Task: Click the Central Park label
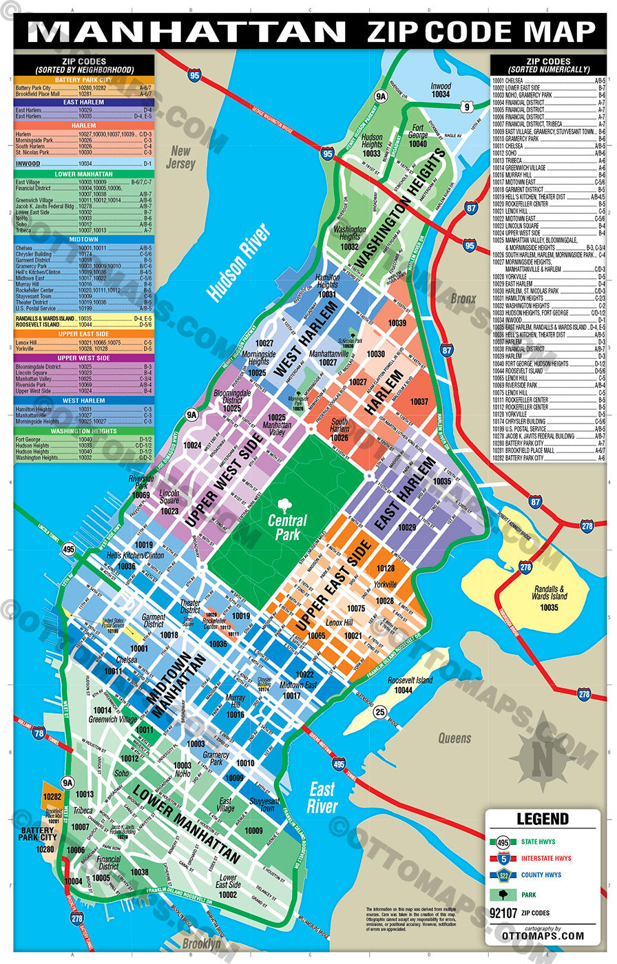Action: pos(288,527)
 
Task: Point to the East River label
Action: pos(322,797)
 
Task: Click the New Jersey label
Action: pos(180,158)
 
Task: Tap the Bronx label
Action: pos(463,300)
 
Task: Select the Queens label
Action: pos(455,738)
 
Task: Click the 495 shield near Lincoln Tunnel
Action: pos(68,549)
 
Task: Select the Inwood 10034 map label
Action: pos(441,90)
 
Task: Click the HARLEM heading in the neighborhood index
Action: pos(84,126)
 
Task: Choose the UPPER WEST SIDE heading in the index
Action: pos(84,358)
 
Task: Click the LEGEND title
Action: pos(543,819)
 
